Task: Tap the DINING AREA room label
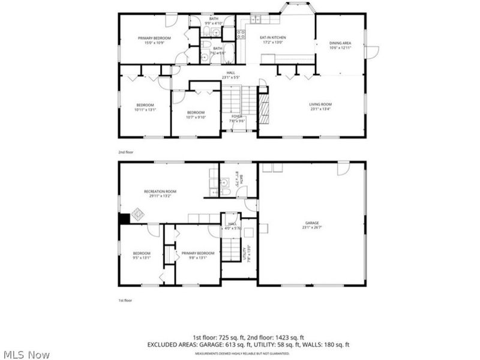click(x=340, y=43)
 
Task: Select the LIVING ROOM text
click(x=320, y=104)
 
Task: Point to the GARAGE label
click(x=311, y=223)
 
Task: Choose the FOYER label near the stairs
click(x=237, y=116)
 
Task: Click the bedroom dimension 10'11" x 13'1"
click(x=145, y=110)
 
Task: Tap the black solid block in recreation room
click(x=124, y=219)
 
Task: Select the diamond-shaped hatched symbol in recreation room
click(x=137, y=213)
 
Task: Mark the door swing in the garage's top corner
click(x=343, y=169)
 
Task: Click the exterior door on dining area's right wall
click(x=371, y=52)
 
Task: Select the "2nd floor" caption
click(x=125, y=152)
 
